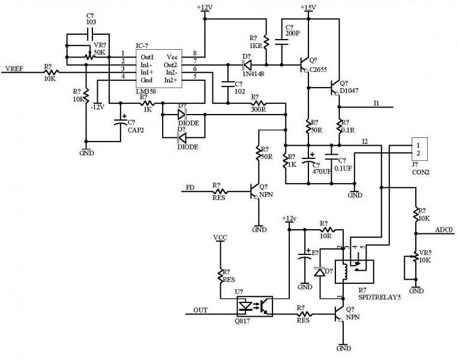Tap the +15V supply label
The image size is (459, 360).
pyautogui.click(x=307, y=7)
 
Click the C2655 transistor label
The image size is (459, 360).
pyautogui.click(x=318, y=70)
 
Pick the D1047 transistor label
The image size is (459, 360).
pyautogui.click(x=350, y=91)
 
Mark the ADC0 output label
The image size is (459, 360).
pyautogui.click(x=444, y=229)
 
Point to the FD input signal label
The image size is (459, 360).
pyautogui.click(x=190, y=188)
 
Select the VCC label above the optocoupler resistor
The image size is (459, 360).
pyautogui.click(x=220, y=237)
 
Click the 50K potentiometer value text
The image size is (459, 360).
pyautogui.click(x=98, y=52)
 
